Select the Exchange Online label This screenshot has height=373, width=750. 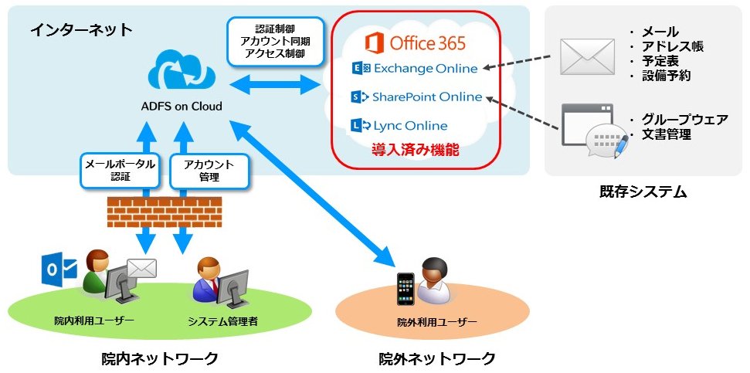pyautogui.click(x=415, y=69)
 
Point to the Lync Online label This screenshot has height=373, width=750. pyautogui.click(x=399, y=126)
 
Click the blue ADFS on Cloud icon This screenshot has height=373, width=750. pyautogui.click(x=182, y=71)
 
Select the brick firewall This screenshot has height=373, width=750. pyautogui.click(x=165, y=212)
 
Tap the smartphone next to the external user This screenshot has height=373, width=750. pyautogui.click(x=406, y=289)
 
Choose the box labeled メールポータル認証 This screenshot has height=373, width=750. pyautogui.click(x=120, y=171)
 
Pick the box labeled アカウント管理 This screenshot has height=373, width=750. pyautogui.click(x=209, y=171)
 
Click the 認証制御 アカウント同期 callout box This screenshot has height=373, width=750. pyautogui.click(x=274, y=41)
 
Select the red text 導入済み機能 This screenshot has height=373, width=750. pyautogui.click(x=416, y=151)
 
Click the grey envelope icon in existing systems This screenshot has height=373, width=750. pyautogui.click(x=587, y=57)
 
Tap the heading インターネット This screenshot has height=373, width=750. pyautogui.click(x=81, y=29)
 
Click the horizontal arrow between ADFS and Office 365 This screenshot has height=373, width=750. pyautogui.click(x=274, y=85)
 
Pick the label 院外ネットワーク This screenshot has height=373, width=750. pyautogui.click(x=436, y=358)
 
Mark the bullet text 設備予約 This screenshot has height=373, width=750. pyautogui.click(x=665, y=76)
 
